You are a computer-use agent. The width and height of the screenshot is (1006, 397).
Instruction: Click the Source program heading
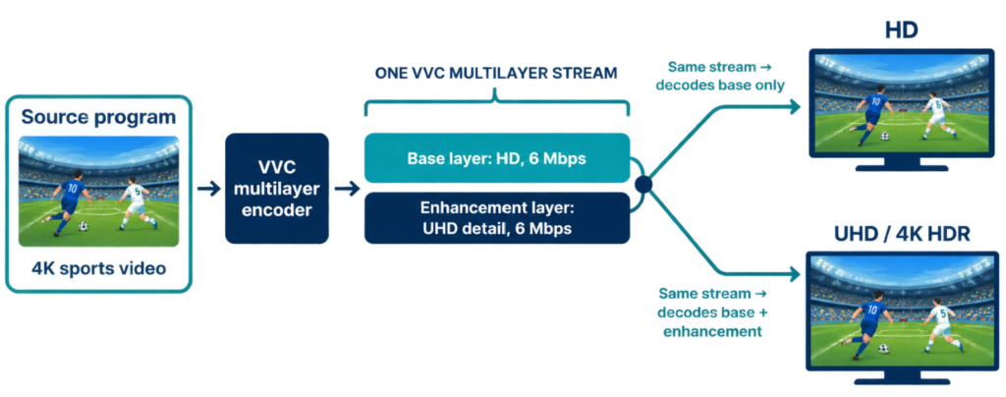98,117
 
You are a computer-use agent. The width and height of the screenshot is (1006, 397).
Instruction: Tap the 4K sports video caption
98,268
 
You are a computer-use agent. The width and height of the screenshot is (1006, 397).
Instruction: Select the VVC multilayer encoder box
277,188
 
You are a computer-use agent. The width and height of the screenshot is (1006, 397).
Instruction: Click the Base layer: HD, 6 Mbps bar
496,158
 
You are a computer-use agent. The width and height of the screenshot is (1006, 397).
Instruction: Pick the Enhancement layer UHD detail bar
496,218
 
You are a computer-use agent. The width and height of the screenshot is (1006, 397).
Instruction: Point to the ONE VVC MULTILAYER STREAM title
496,73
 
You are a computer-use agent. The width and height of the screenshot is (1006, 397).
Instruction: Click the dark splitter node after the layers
643,186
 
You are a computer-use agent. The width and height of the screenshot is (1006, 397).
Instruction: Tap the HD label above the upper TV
902,29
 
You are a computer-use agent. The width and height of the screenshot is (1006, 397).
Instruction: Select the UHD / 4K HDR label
902,235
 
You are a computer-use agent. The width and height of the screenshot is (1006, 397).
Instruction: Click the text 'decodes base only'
720,85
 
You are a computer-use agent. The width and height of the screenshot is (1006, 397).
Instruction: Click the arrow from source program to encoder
208,189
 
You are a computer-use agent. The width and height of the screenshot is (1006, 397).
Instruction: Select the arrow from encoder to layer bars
347,189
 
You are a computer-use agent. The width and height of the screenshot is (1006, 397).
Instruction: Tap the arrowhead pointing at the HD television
795,107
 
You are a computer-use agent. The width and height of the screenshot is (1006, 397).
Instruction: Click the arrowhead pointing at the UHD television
795,274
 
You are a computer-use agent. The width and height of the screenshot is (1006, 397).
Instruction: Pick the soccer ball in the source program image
83,226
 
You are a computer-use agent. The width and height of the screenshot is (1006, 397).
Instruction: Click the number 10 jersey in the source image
72,191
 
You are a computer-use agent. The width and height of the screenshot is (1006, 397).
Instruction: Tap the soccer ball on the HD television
885,136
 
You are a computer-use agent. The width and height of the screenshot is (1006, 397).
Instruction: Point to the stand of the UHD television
902,377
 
